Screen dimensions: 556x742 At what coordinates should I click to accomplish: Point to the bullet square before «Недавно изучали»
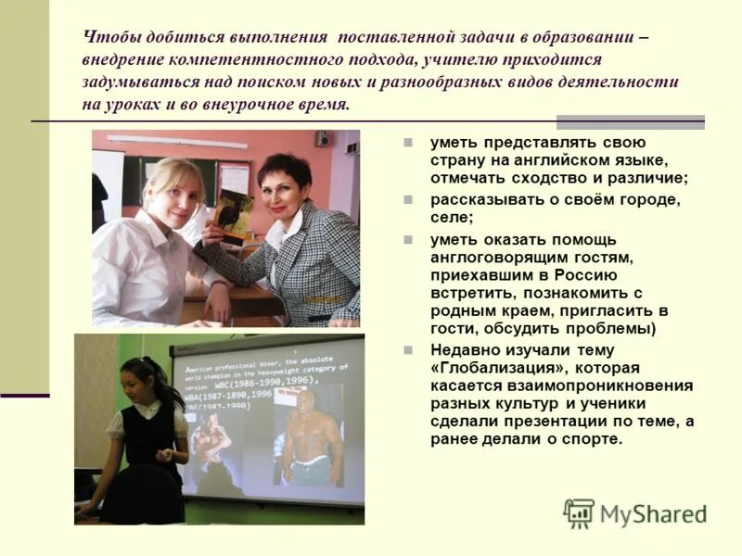pyautogui.click(x=408, y=350)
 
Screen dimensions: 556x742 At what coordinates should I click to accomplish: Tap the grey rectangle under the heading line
pyautogui.click(x=630, y=121)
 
